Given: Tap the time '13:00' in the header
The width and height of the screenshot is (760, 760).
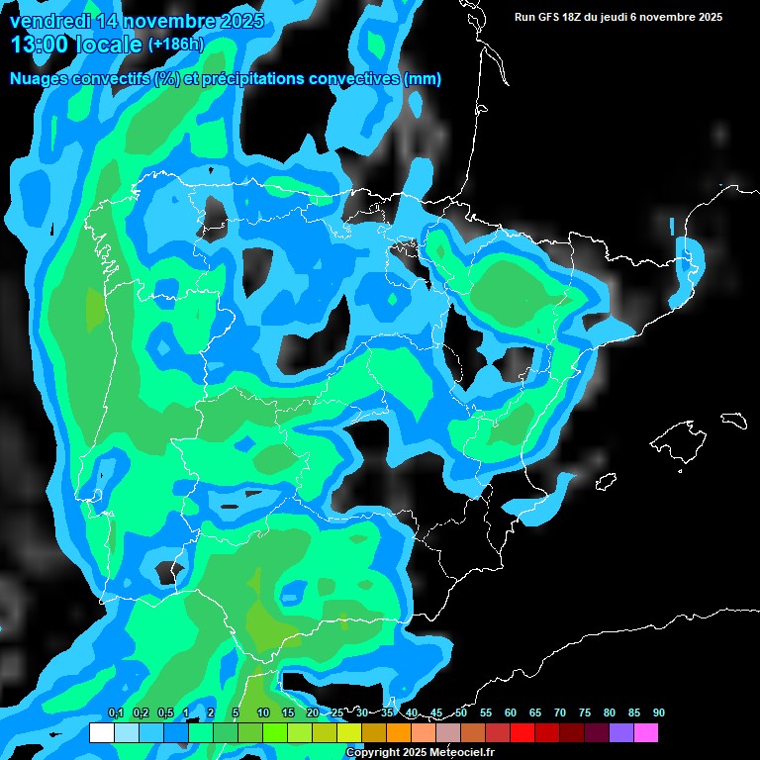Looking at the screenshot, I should [41, 45].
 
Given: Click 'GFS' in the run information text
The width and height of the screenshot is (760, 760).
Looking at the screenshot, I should [551, 17].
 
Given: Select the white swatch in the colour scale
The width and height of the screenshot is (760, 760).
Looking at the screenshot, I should [102, 733].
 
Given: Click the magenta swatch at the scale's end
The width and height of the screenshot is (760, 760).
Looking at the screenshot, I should [646, 733].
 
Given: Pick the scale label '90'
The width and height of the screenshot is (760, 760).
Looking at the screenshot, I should [658, 712].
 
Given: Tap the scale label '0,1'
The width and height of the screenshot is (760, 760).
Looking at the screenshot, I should [116, 712].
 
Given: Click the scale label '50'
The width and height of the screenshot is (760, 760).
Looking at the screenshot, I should [461, 712].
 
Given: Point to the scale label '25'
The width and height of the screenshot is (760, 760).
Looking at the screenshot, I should [337, 712].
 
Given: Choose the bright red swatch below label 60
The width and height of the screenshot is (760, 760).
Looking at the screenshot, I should [522, 733].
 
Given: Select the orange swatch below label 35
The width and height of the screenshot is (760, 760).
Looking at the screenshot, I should [399, 733].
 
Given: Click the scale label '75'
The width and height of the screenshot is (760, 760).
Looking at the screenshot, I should [584, 712].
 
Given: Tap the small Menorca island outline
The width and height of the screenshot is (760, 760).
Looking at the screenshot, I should [733, 420].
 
